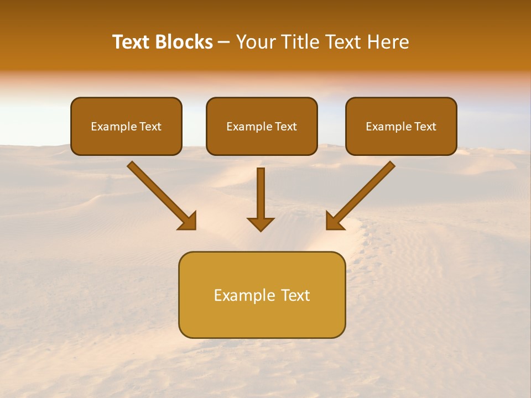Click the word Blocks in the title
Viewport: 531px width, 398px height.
[x=184, y=42]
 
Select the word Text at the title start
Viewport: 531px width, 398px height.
[x=132, y=42]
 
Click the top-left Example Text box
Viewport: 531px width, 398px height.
[x=126, y=126]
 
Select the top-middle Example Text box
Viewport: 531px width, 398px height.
[x=262, y=126]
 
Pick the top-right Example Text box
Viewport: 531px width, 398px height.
[x=401, y=126]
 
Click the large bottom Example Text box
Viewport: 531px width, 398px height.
[x=262, y=295]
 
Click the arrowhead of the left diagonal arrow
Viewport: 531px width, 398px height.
[x=188, y=221]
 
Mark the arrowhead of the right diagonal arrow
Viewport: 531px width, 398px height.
[x=335, y=221]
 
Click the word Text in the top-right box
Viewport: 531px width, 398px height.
[x=425, y=127]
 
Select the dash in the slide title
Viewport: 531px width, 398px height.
[x=224, y=42]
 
